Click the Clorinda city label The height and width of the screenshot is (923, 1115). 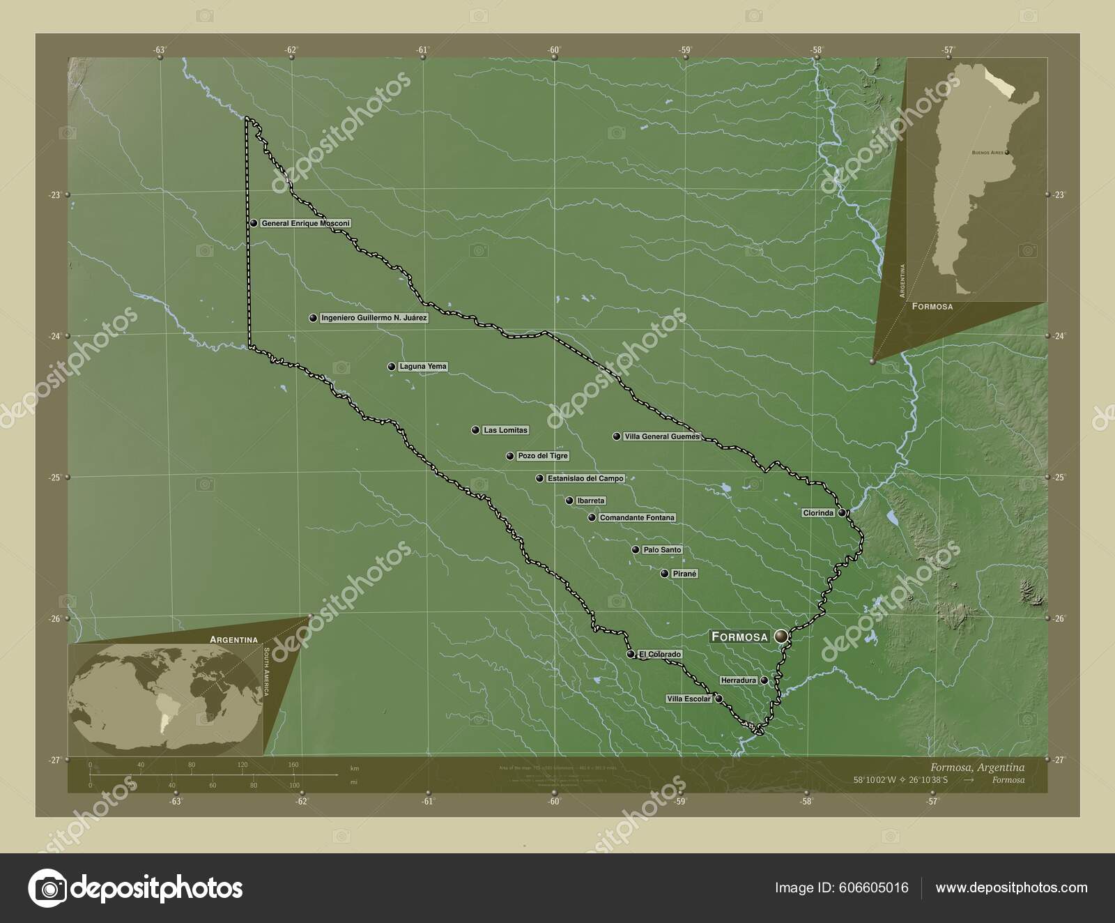(818, 513)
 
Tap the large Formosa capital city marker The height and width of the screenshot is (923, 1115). (780, 636)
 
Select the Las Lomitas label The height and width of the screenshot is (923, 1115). (505, 430)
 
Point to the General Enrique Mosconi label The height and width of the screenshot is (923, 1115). (305, 224)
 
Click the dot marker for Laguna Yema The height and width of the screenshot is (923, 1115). (392, 367)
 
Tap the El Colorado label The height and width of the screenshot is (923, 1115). (659, 655)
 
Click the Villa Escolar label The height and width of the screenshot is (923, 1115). (689, 699)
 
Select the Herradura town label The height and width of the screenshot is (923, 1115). (738, 680)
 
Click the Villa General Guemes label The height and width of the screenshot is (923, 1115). (661, 436)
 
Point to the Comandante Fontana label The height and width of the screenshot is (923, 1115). (637, 518)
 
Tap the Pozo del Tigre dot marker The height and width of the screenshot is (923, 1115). (510, 457)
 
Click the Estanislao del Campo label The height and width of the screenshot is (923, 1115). (585, 478)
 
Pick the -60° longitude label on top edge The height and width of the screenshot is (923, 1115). (554, 49)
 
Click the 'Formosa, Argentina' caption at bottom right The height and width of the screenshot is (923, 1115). (975, 767)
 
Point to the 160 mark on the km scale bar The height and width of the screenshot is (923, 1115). (293, 765)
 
